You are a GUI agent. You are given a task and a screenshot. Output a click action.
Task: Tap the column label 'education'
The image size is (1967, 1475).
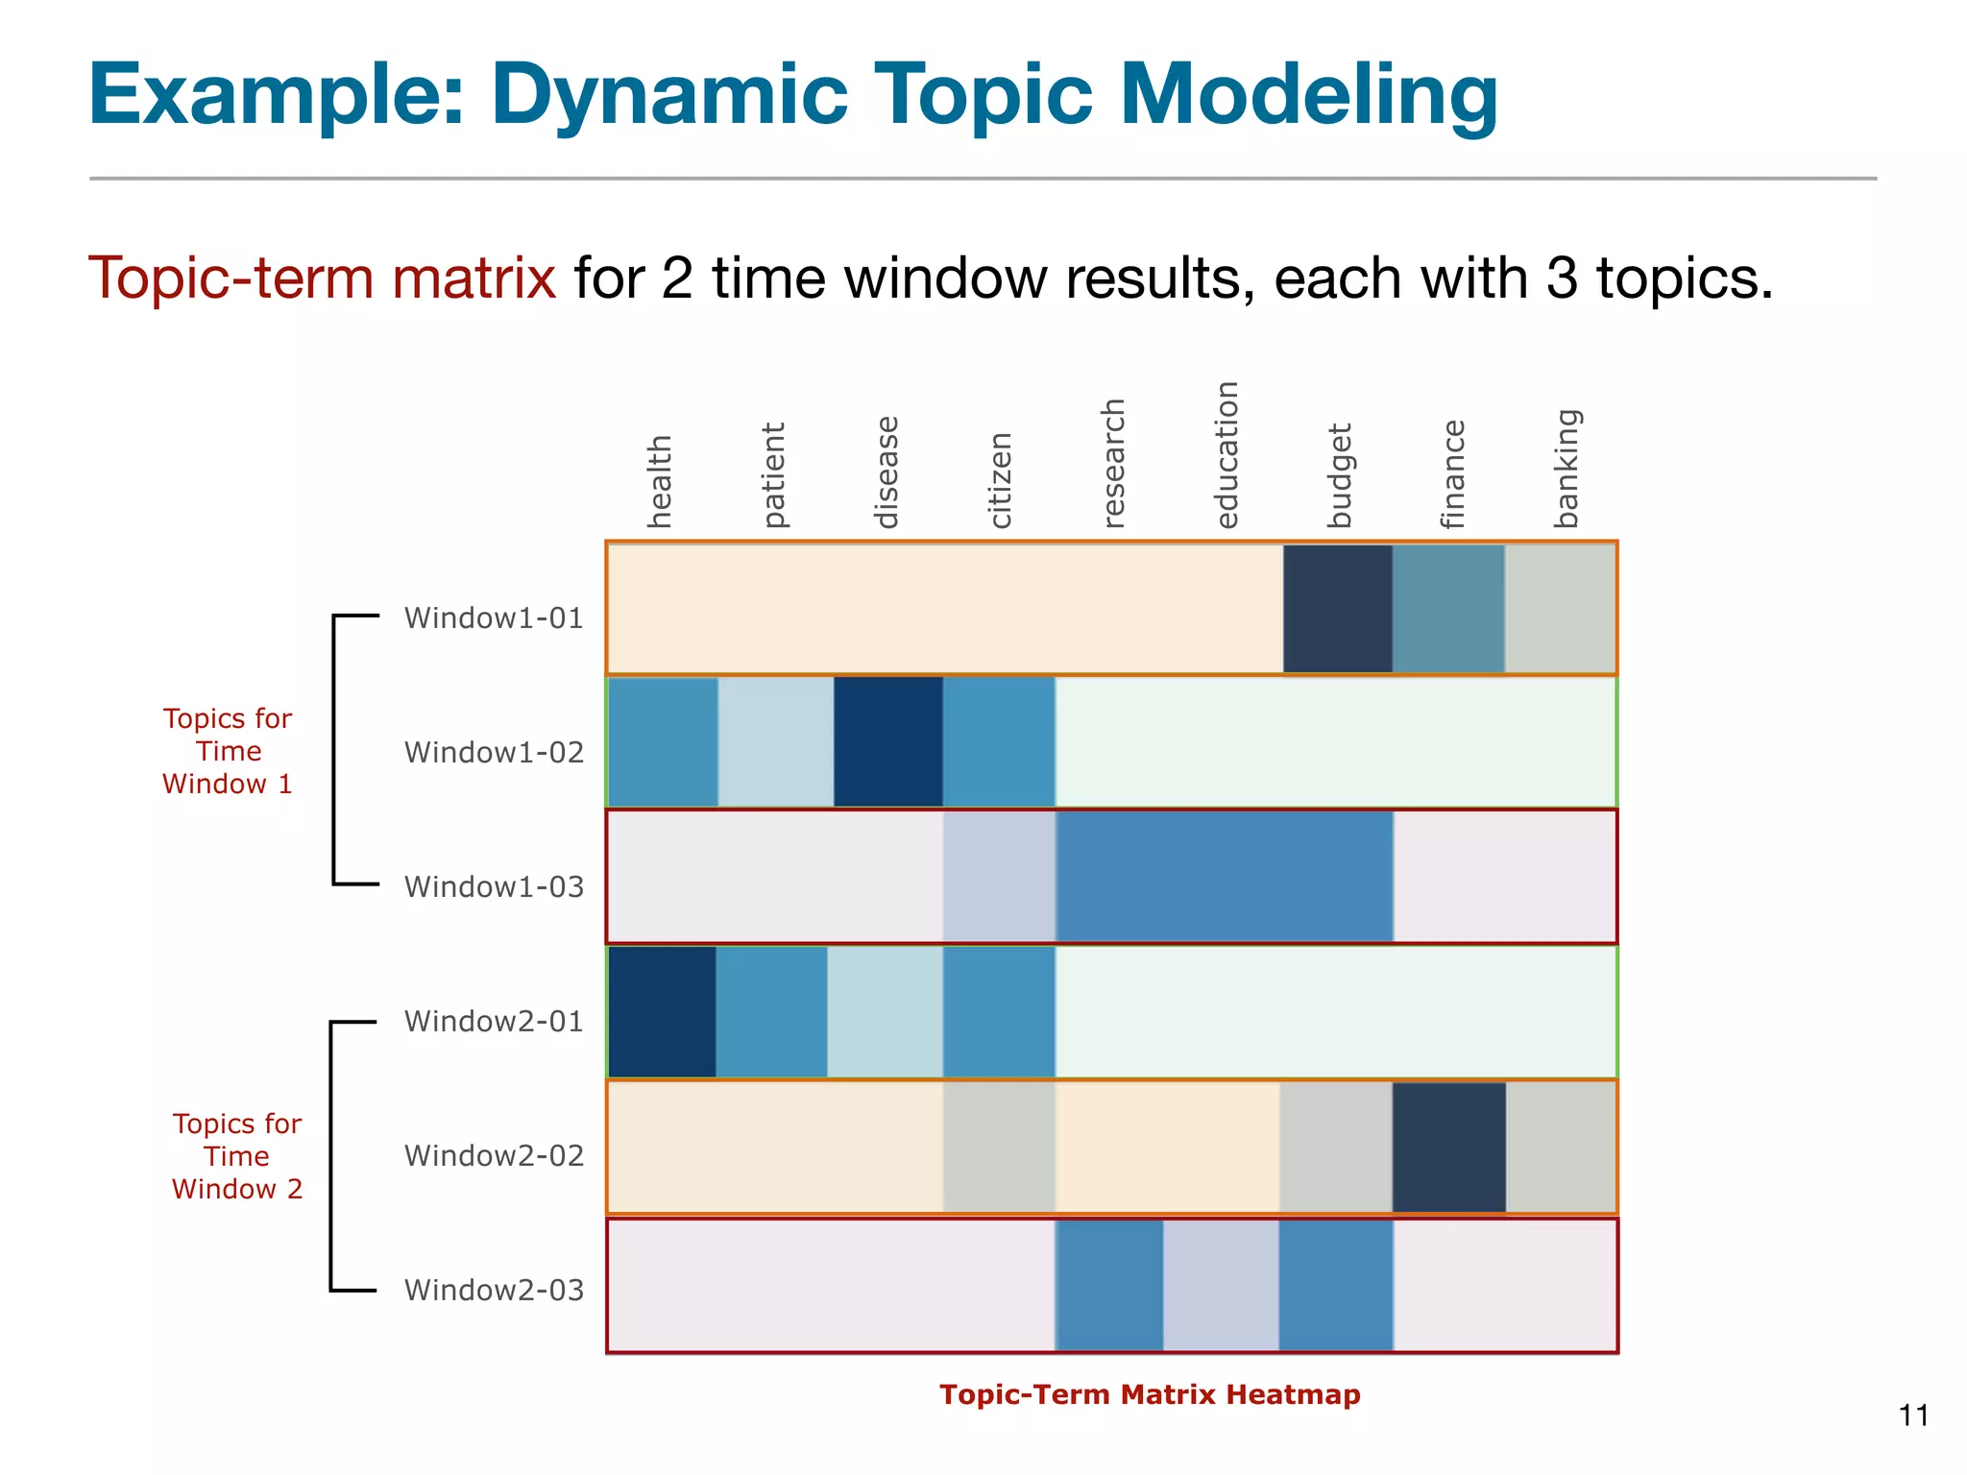tap(1226, 455)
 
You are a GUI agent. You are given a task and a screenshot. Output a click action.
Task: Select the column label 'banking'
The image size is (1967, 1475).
tap(1566, 469)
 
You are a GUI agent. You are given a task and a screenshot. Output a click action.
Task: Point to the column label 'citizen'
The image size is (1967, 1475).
tap(1000, 480)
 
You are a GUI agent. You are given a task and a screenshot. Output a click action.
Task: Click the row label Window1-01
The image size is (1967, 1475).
tap(494, 617)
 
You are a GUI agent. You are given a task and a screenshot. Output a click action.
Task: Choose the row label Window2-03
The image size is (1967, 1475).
tap(494, 1290)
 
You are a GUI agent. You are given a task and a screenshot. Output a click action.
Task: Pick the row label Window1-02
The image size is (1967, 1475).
tap(494, 752)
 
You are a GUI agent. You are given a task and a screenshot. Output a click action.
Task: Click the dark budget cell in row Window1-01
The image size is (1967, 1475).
tap(1337, 609)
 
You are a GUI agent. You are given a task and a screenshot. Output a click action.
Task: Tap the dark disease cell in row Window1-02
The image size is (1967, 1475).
tap(887, 741)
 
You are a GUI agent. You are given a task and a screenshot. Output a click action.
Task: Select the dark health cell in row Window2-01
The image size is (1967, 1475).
tap(662, 1012)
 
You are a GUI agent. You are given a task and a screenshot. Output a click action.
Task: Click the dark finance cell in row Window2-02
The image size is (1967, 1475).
tap(1448, 1148)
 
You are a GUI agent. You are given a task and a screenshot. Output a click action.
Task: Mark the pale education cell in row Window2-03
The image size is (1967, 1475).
tap(1221, 1285)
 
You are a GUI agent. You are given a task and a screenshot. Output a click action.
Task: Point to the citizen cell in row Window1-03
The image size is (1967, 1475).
tap(999, 877)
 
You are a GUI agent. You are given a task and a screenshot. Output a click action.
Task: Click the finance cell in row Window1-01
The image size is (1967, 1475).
tap(1448, 609)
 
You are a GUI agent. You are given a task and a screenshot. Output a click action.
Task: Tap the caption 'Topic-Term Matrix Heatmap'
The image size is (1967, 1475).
tap(1150, 1394)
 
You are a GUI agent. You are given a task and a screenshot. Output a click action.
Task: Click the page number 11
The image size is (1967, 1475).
tap(1913, 1415)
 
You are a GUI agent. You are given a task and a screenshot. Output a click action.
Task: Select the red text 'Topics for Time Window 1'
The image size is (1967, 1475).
tap(228, 751)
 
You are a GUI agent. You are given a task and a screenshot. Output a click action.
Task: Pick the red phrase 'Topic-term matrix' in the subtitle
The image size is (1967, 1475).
tap(322, 278)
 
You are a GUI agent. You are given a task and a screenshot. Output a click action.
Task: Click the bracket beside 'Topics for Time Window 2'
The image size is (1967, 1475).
tap(332, 1156)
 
